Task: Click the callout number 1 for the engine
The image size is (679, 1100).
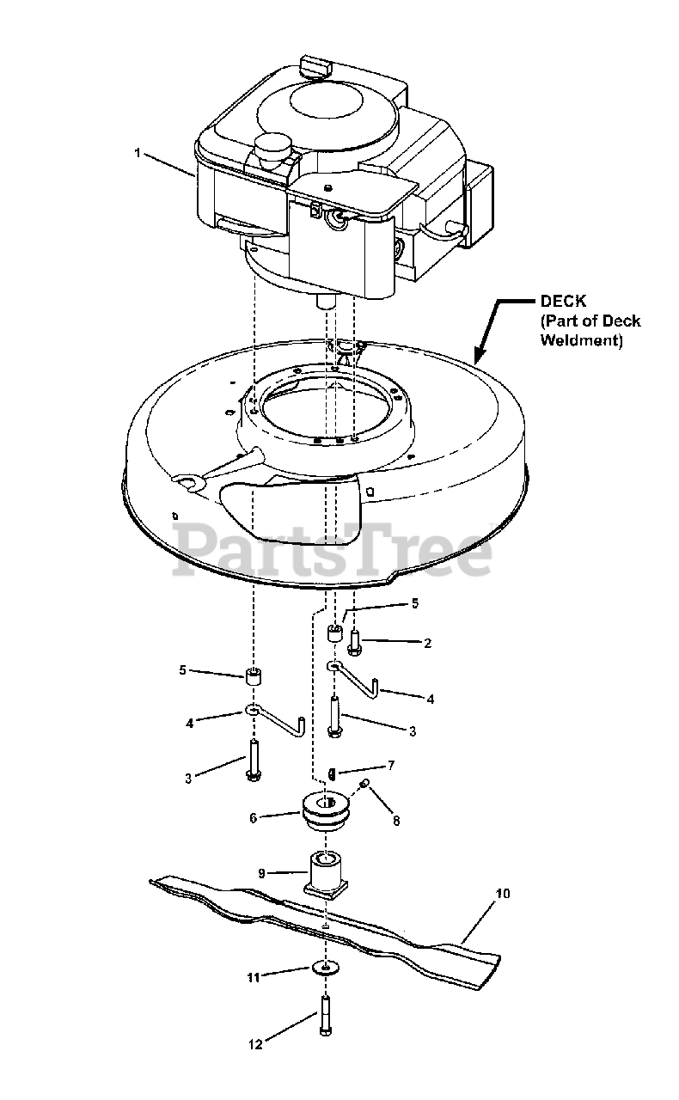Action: pos(138,152)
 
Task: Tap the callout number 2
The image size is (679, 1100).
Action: pos(427,642)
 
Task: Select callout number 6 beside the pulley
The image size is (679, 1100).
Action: pos(253,818)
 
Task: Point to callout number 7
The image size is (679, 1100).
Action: pos(390,764)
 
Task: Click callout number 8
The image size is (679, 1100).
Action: pos(395,820)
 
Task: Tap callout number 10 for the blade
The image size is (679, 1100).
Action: pos(503,894)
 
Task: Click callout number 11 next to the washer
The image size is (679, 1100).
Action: pos(254,976)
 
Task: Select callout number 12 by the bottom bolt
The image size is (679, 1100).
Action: pos(254,1045)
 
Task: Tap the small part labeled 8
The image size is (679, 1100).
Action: pos(365,784)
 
